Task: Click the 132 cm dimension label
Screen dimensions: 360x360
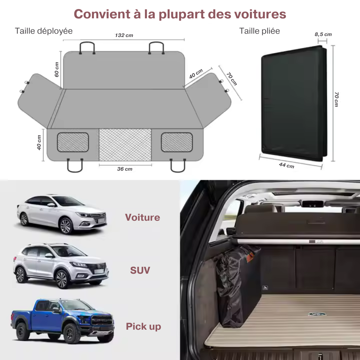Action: point(124,35)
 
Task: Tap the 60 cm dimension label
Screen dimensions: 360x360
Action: point(57,69)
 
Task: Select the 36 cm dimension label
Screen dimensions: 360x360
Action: point(125,169)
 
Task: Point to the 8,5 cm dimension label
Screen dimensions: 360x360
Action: point(323,34)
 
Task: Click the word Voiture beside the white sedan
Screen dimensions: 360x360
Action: point(142,217)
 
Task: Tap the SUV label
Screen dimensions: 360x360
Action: point(140,270)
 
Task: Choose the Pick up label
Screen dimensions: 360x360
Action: point(143,326)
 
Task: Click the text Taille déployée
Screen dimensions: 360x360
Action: point(44,31)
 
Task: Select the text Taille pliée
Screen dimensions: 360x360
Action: point(259,31)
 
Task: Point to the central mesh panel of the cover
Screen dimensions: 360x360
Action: point(125,144)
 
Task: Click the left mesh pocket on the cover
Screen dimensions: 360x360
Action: point(73,142)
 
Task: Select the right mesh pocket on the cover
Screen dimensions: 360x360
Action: point(177,142)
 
